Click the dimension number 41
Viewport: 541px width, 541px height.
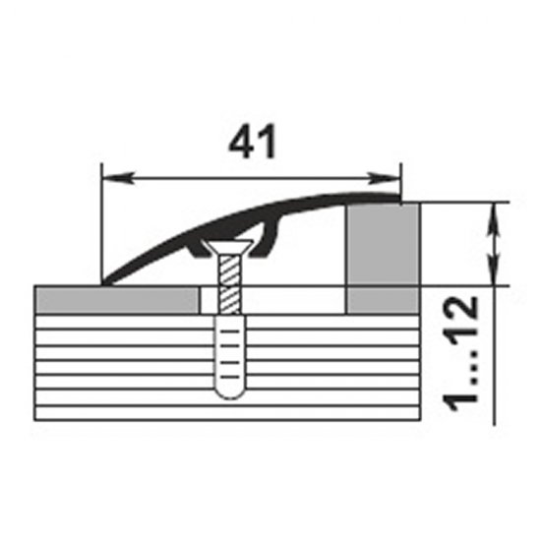[252, 141]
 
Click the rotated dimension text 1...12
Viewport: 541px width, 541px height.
[460, 354]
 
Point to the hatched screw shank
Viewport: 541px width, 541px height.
[230, 284]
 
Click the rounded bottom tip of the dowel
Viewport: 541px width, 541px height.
[230, 399]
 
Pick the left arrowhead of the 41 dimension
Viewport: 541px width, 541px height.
[117, 178]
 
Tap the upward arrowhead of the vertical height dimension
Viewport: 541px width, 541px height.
[494, 218]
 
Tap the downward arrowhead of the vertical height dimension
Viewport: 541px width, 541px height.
[494, 270]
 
